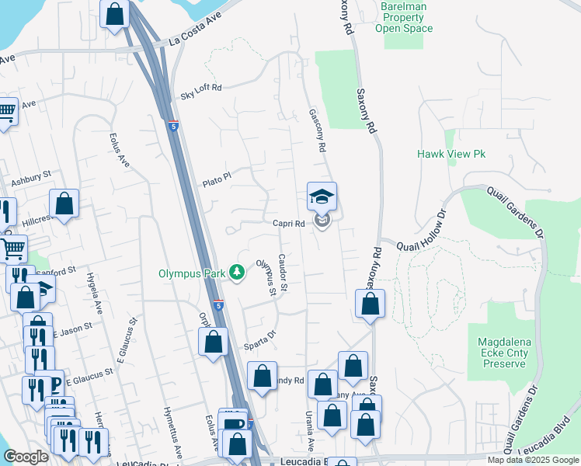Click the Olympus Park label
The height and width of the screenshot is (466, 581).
coord(192,273)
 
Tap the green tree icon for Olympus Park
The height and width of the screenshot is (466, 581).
coord(238,273)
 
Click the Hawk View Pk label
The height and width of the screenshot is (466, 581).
coord(451,155)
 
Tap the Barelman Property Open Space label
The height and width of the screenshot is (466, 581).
coord(404,17)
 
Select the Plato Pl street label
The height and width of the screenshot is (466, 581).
coord(217,179)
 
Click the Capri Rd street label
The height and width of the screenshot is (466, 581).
coord(288,224)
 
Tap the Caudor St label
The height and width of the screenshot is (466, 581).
coord(284,274)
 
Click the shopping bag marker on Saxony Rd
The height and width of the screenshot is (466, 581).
coord(371,304)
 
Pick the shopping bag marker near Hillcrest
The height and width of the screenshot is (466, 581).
coord(65,204)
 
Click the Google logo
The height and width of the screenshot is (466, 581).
coord(26,457)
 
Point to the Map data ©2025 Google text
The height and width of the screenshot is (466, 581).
coord(532,460)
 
